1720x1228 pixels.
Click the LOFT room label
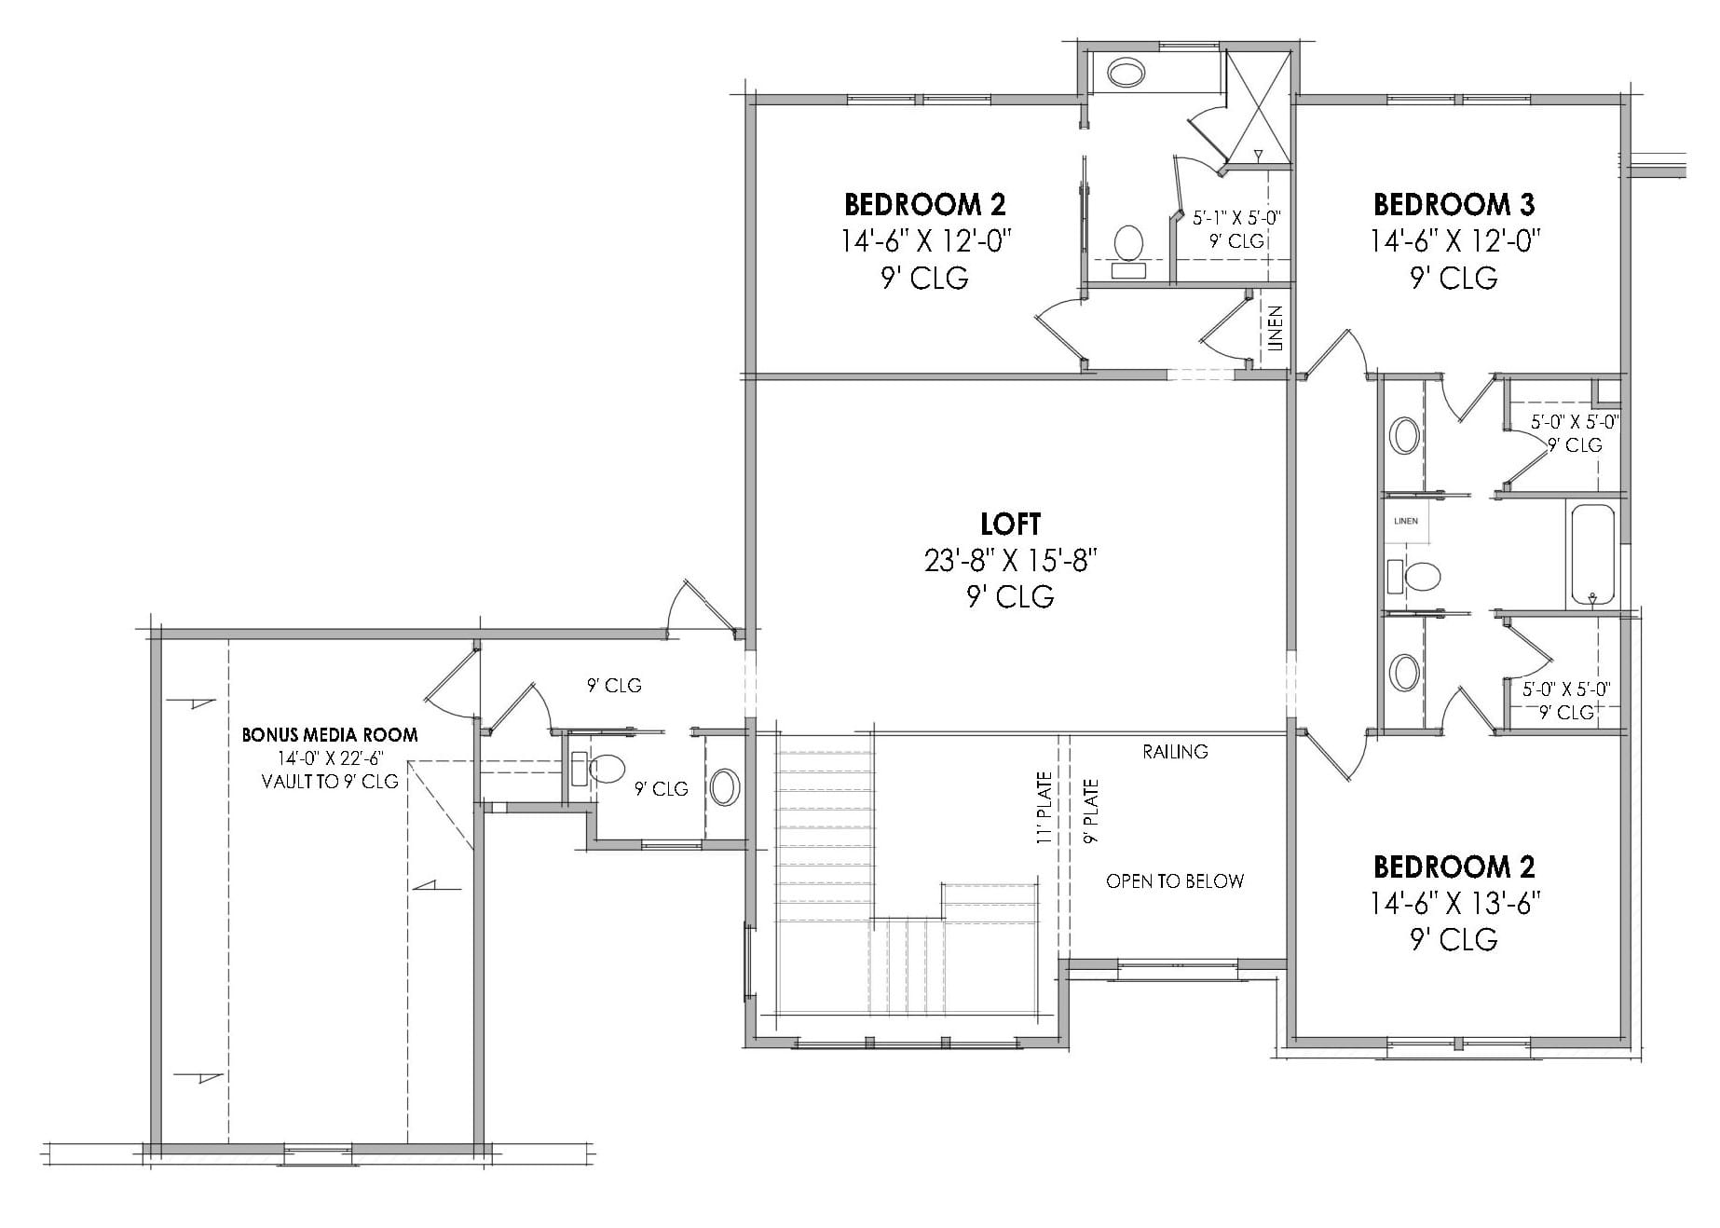(1011, 524)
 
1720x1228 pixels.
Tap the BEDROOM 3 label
(1454, 204)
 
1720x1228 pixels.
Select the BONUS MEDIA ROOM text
(330, 734)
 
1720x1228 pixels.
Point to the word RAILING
(1175, 751)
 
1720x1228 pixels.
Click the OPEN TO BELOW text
(1175, 881)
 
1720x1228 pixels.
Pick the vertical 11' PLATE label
(1044, 807)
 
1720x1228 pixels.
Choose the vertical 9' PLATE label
(1091, 812)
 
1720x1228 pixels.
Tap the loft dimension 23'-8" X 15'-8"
(1011, 560)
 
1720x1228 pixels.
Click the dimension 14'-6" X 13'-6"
(1454, 903)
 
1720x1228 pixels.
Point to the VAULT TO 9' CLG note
(330, 782)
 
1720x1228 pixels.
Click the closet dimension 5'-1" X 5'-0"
(1236, 218)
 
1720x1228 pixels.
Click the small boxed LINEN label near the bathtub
(1406, 521)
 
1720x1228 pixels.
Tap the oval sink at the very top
(1126, 73)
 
